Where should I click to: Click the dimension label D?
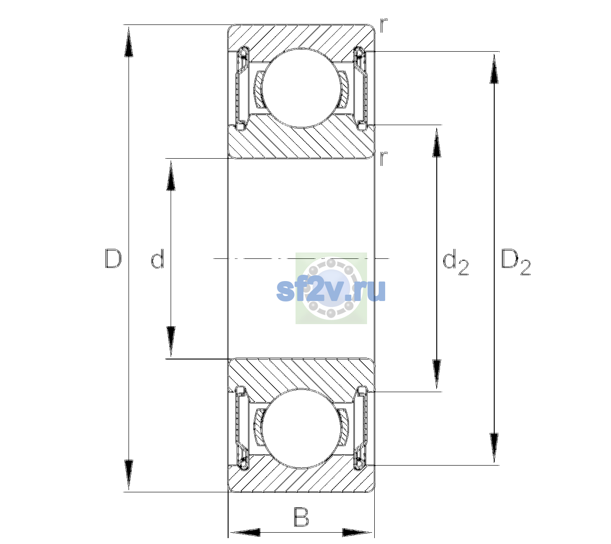pyautogui.click(x=113, y=258)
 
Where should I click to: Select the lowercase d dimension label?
pyautogui.click(x=158, y=258)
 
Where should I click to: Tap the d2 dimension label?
pyautogui.click(x=455, y=262)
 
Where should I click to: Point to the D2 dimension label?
pyautogui.click(x=516, y=262)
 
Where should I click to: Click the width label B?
pyautogui.click(x=301, y=517)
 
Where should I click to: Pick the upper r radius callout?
pyautogui.click(x=384, y=25)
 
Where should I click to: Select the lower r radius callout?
pyautogui.click(x=384, y=158)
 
